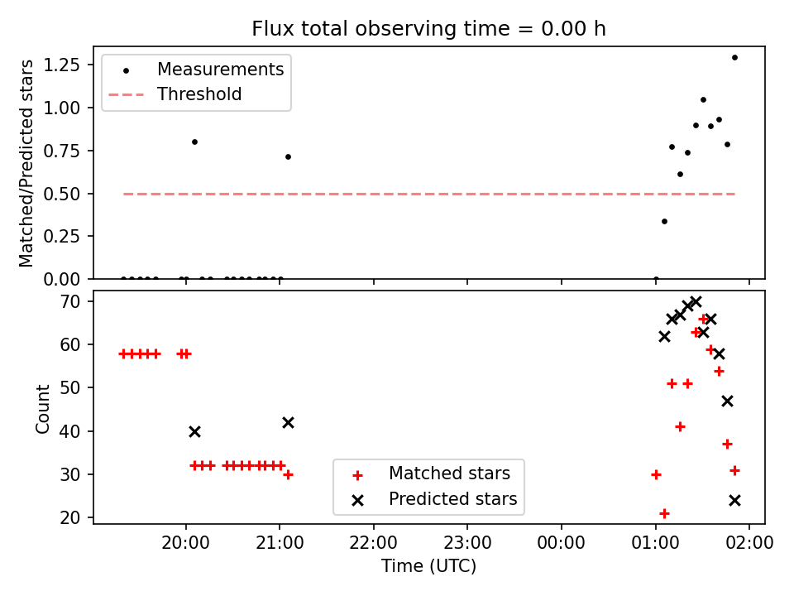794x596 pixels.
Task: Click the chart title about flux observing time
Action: pyautogui.click(x=429, y=28)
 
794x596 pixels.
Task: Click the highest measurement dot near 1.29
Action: pyautogui.click(x=734, y=58)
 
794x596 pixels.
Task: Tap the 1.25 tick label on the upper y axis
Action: pyautogui.click(x=61, y=65)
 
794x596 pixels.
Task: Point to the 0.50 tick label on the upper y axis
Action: pyautogui.click(x=61, y=194)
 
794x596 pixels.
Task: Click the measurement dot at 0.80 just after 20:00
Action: pyautogui.click(x=194, y=142)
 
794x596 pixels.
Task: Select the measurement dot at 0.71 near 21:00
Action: pyautogui.click(x=288, y=157)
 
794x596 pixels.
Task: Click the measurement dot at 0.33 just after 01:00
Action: pyautogui.click(x=664, y=222)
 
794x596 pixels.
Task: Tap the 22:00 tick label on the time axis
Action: pyautogui.click(x=374, y=543)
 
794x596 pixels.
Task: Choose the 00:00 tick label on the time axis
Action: pyautogui.click(x=561, y=543)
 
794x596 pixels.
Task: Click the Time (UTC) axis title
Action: pyautogui.click(x=429, y=565)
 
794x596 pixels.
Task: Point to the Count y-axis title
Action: pyautogui.click(x=42, y=409)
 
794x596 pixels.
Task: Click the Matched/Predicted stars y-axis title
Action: pyautogui.click(x=26, y=163)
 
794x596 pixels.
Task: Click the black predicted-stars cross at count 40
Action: pyautogui.click(x=194, y=432)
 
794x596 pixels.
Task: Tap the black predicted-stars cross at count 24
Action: pyautogui.click(x=734, y=501)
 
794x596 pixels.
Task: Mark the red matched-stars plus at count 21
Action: pyautogui.click(x=664, y=514)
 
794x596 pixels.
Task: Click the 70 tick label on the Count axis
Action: pyautogui.click(x=69, y=301)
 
